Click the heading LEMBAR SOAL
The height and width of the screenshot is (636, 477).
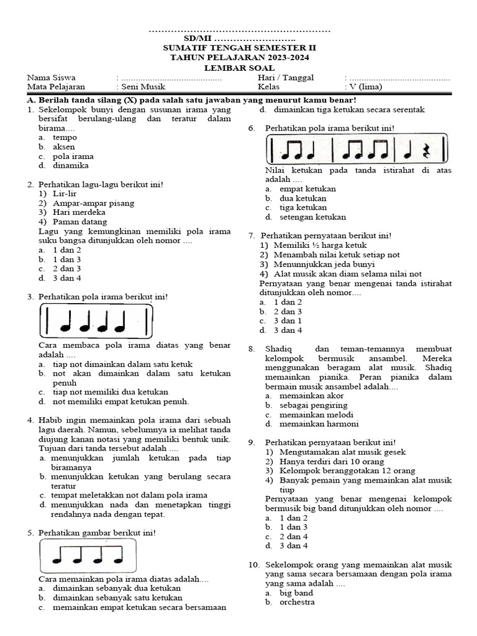pos(239,68)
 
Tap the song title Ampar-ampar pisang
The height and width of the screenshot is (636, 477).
pos(89,203)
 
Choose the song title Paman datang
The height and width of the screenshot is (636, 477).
pos(80,222)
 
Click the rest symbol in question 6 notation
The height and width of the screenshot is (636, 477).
pos(425,151)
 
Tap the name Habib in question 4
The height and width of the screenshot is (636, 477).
pos(52,420)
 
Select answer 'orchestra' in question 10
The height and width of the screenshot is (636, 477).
pos(297,602)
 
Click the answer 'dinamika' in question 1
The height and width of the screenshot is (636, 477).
pos(71,166)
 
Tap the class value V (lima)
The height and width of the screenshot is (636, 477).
pos(366,87)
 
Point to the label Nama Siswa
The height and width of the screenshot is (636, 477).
pos(51,78)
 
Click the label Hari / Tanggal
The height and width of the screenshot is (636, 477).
pos(286,78)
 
